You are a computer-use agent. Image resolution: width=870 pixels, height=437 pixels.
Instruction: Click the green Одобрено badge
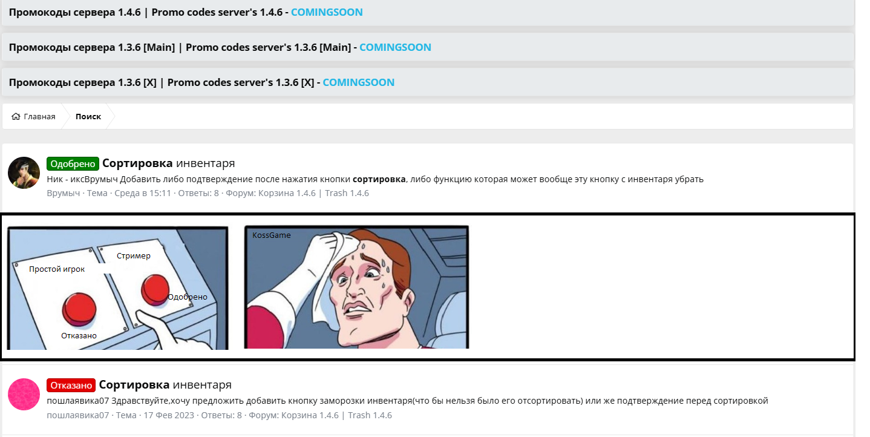[x=73, y=163]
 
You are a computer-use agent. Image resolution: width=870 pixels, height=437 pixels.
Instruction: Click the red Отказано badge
[x=71, y=385]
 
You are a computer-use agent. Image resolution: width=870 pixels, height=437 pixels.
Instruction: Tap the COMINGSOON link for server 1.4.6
[x=327, y=13]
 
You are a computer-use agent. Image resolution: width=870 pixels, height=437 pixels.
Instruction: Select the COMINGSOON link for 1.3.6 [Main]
[x=395, y=47]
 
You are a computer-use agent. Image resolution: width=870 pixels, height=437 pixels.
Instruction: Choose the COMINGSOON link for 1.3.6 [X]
[x=359, y=82]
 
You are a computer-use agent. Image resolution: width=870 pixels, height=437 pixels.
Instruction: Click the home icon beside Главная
[x=16, y=117]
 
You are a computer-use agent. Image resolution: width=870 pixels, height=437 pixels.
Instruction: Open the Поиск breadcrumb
[x=88, y=117]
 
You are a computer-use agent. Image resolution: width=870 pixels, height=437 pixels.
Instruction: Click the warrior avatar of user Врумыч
[x=24, y=173]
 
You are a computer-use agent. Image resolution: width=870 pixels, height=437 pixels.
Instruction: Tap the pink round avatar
[x=24, y=394]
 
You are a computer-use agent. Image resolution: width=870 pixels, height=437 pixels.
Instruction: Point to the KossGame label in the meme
[x=272, y=235]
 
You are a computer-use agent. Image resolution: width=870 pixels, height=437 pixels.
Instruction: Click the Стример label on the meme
[x=133, y=255]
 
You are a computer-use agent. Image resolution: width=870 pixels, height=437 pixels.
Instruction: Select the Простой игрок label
[x=57, y=269]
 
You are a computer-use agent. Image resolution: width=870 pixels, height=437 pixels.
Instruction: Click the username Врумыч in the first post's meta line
[x=64, y=193]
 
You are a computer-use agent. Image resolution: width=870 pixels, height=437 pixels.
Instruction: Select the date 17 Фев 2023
[x=169, y=415]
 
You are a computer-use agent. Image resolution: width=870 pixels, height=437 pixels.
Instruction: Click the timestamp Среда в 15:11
[x=143, y=193]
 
